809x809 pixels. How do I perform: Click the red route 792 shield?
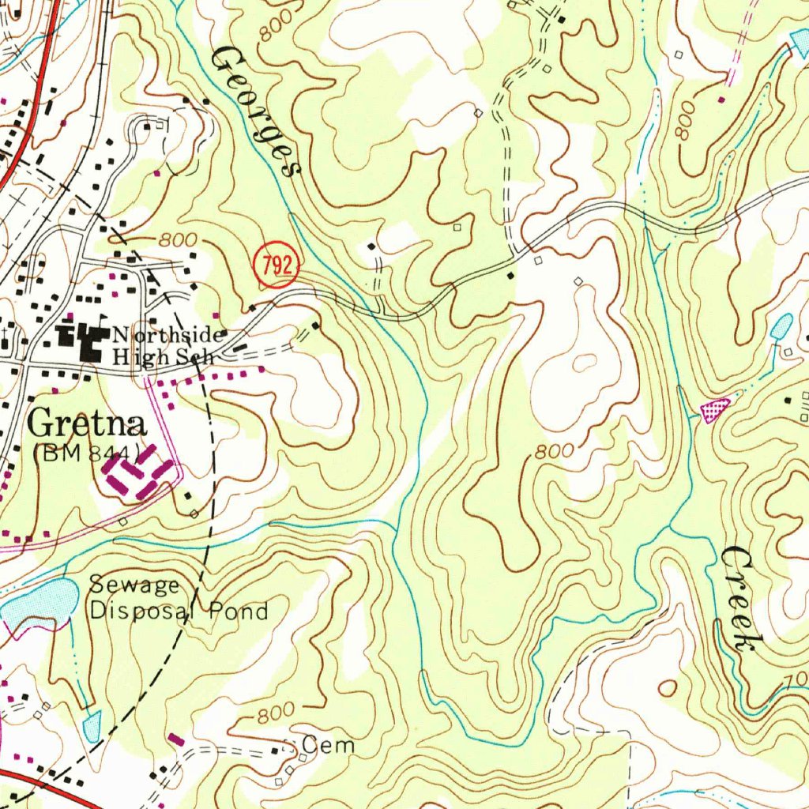click(x=277, y=265)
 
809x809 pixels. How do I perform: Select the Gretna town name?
click(x=87, y=424)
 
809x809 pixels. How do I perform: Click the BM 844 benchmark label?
click(x=88, y=453)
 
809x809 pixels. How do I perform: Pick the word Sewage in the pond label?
click(x=134, y=585)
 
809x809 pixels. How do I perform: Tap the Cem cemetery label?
click(x=328, y=745)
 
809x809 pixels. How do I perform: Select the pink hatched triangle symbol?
click(x=715, y=409)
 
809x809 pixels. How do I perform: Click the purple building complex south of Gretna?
click(x=137, y=475)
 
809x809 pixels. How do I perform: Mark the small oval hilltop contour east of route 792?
click(x=585, y=363)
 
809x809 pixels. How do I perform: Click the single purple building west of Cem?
click(x=176, y=740)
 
